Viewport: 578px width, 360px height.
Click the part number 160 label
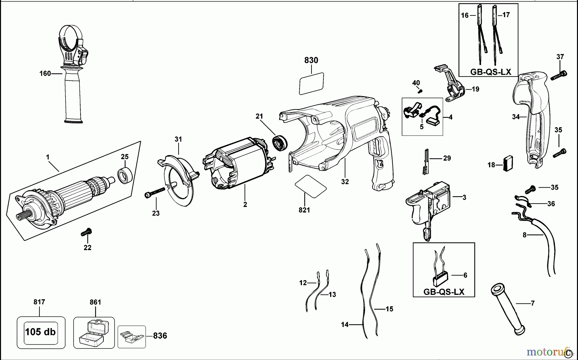pos(45,74)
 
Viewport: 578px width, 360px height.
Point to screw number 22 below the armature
pos(86,232)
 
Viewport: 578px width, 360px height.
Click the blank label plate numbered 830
pos(311,83)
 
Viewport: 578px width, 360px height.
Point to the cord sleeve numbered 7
pos(507,308)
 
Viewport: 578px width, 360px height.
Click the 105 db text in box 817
pos(40,332)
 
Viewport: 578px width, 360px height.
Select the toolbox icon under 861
pos(93,333)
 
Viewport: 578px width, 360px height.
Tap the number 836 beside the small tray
pos(160,336)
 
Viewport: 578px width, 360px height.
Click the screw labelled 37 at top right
pos(559,75)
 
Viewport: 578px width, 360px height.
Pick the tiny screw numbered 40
pos(419,91)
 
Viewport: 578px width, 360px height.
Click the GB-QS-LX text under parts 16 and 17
pos(490,72)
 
